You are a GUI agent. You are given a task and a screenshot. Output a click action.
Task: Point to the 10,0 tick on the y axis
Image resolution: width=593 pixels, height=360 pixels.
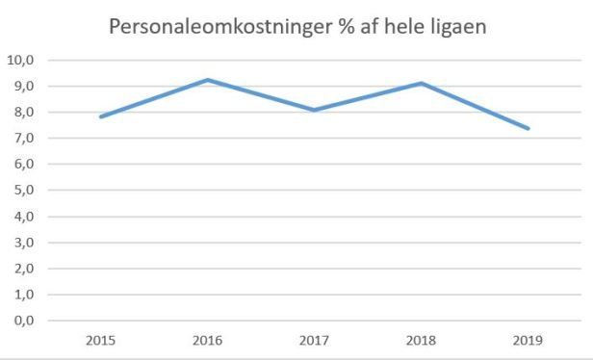coord(21,60)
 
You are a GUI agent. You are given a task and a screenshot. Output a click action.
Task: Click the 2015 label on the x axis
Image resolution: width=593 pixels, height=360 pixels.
coord(101,340)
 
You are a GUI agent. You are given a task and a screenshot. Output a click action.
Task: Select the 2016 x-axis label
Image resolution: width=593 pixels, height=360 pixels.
coord(208,340)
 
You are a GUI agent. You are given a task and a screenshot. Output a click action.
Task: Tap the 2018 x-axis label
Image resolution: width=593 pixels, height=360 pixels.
coord(421,340)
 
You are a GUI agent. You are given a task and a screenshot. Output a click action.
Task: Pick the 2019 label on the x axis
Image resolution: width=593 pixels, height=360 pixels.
coord(528,340)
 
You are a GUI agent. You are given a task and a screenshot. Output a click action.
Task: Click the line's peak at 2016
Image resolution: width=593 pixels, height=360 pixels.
coord(208,80)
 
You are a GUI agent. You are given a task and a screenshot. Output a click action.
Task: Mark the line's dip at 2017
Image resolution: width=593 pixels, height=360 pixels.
coord(315,110)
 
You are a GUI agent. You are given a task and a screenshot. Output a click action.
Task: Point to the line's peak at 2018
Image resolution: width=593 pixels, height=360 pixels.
coord(421,83)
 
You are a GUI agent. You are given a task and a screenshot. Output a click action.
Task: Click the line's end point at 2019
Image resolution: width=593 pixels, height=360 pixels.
coord(528,128)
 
